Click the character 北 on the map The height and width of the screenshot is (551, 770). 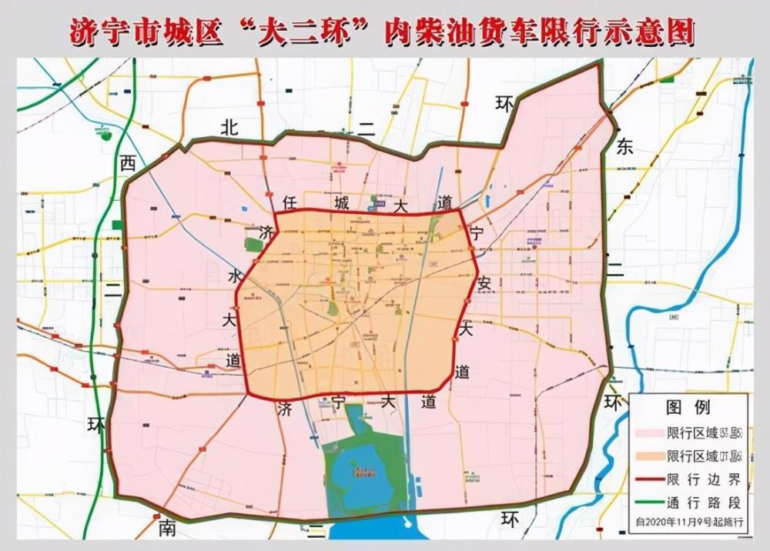click(x=229, y=127)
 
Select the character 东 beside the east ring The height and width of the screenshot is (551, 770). click(x=624, y=148)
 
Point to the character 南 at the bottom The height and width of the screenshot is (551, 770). click(x=168, y=528)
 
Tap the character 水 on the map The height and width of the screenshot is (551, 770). click(x=234, y=277)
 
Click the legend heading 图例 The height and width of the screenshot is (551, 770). click(x=688, y=407)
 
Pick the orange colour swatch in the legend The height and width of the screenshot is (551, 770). click(x=651, y=457)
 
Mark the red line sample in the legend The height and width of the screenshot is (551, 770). click(x=651, y=479)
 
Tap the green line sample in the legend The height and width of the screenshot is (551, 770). click(x=651, y=501)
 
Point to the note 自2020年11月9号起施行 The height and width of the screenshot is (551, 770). click(x=688, y=521)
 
